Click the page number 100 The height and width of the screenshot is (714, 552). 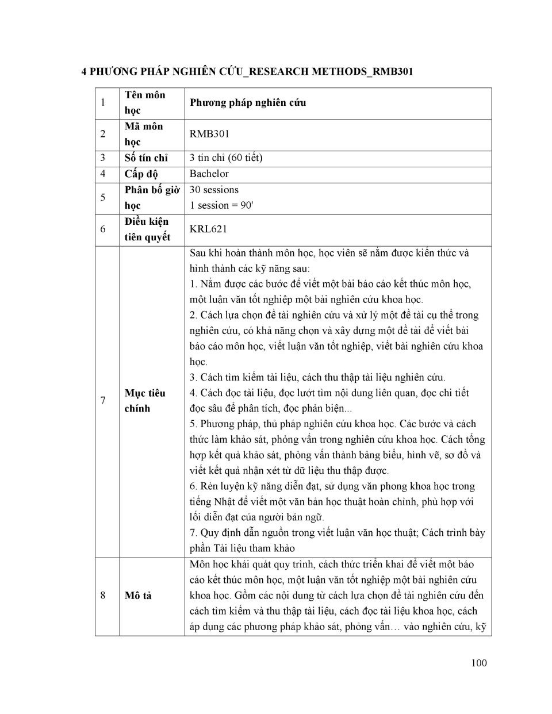click(478, 663)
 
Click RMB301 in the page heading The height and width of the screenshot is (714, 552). click(393, 71)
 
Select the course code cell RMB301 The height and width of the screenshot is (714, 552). click(209, 134)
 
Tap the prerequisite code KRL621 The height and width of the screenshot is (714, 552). click(208, 229)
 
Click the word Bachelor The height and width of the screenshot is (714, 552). click(209, 174)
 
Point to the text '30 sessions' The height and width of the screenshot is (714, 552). click(214, 190)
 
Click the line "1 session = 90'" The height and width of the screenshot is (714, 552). click(221, 205)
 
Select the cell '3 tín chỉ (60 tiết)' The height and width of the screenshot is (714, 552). click(225, 158)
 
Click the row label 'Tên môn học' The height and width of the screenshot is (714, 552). click(144, 102)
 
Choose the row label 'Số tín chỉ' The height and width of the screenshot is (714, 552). click(146, 158)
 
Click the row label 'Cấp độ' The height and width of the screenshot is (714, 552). click(141, 174)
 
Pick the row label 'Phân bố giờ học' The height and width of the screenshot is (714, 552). click(152, 197)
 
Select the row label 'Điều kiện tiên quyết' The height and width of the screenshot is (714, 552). click(147, 229)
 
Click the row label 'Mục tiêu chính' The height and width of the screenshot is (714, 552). click(144, 401)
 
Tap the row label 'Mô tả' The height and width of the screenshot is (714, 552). click(138, 596)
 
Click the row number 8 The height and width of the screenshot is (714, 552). click(103, 596)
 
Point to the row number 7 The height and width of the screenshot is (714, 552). click(103, 401)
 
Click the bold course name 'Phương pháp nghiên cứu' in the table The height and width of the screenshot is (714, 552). click(248, 102)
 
